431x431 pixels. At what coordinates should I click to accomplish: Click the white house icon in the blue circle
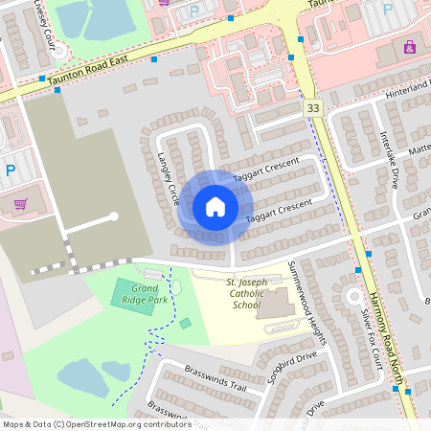[x=215, y=206]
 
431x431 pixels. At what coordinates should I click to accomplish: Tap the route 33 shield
[x=312, y=109]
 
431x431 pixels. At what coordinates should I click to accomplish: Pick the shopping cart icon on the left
[x=20, y=203]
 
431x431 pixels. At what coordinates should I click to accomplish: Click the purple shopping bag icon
[x=410, y=46]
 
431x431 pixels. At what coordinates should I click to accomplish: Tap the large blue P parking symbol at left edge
[x=11, y=170]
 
